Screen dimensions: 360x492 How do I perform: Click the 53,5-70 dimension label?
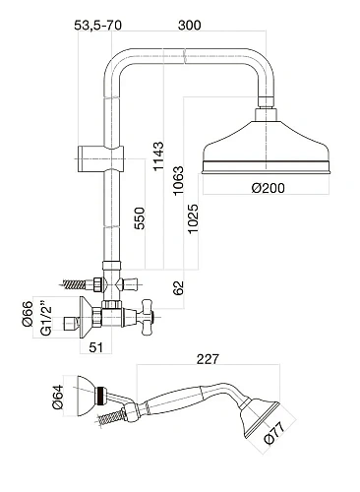(97, 25)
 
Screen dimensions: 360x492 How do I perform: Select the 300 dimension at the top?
(189, 25)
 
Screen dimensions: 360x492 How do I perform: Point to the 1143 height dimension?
(158, 155)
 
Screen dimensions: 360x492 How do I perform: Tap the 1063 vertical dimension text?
(178, 181)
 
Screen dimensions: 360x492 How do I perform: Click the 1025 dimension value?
(193, 218)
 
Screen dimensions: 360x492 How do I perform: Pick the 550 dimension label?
(139, 218)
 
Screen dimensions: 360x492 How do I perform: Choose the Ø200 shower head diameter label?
(269, 188)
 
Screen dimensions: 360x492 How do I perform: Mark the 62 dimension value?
(178, 287)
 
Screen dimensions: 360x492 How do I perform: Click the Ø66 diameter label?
(28, 314)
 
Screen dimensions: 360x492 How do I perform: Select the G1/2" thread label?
(46, 316)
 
